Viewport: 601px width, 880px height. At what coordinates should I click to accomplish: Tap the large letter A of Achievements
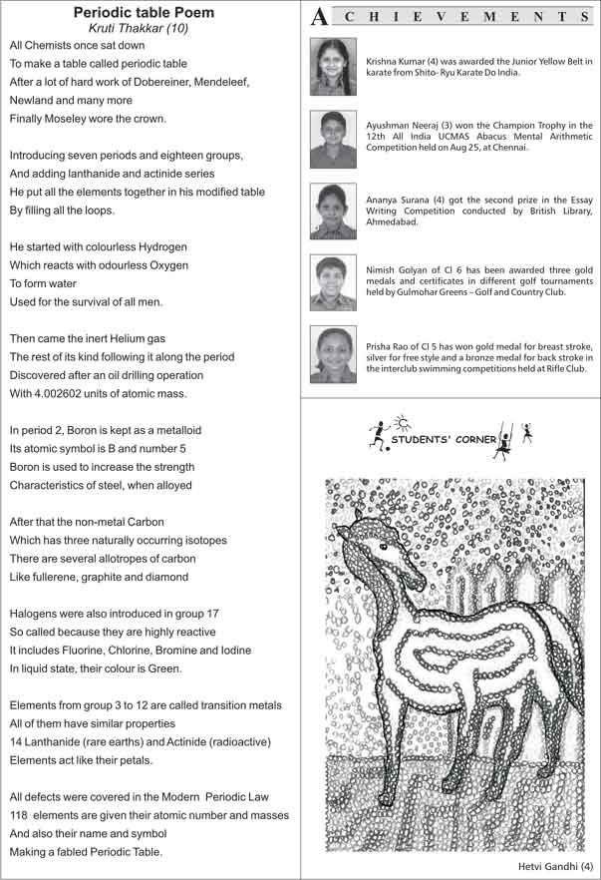(319, 17)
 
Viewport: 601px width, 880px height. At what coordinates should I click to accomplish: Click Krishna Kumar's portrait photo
(333, 66)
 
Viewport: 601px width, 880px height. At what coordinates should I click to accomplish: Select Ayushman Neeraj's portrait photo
(333, 139)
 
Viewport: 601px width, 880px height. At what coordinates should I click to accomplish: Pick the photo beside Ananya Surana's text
(333, 212)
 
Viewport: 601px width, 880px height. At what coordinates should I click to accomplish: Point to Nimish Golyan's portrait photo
(333, 283)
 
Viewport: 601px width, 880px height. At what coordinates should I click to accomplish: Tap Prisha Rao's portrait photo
(333, 355)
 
